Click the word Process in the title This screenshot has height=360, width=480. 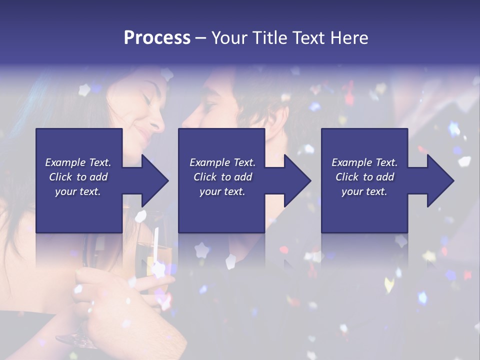coord(157,38)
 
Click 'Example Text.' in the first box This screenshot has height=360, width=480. coord(78,162)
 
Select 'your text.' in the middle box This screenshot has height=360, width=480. coord(222,191)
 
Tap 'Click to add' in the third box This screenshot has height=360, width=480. coord(364,177)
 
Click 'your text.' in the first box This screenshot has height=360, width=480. coord(78,191)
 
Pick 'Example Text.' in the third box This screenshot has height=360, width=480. coord(364,162)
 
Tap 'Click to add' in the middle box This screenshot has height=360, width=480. coord(222,177)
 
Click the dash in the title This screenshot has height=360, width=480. coord(201,38)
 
